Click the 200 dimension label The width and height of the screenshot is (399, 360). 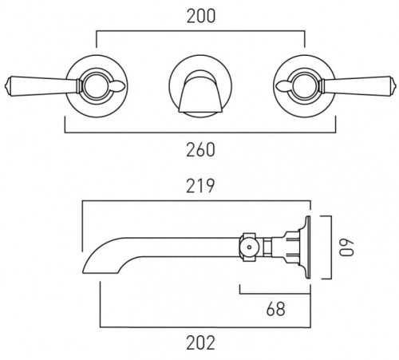199,15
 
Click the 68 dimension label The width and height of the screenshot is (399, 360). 274,306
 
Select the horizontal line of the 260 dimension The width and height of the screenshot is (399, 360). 199,131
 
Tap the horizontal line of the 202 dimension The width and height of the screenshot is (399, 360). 199,326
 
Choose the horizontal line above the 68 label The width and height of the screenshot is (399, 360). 274,291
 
